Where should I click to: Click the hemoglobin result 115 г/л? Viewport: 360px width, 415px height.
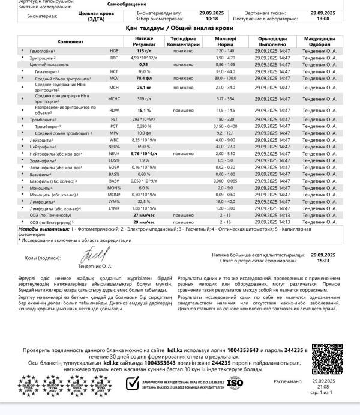(x=143, y=52)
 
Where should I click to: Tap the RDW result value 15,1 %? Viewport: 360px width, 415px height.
(x=143, y=111)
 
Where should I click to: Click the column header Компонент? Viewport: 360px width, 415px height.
(x=71, y=41)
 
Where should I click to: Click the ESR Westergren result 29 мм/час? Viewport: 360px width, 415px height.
(x=143, y=222)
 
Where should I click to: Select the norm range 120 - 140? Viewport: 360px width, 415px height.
(x=225, y=52)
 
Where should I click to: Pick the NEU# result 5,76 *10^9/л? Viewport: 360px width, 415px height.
(x=143, y=154)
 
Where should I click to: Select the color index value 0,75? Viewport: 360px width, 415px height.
(x=143, y=64)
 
